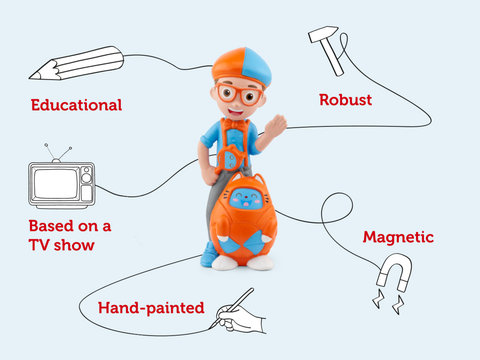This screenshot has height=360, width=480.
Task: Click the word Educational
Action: (76, 104)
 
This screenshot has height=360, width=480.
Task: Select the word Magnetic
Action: (398, 237)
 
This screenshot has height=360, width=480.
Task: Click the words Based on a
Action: (70, 225)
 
